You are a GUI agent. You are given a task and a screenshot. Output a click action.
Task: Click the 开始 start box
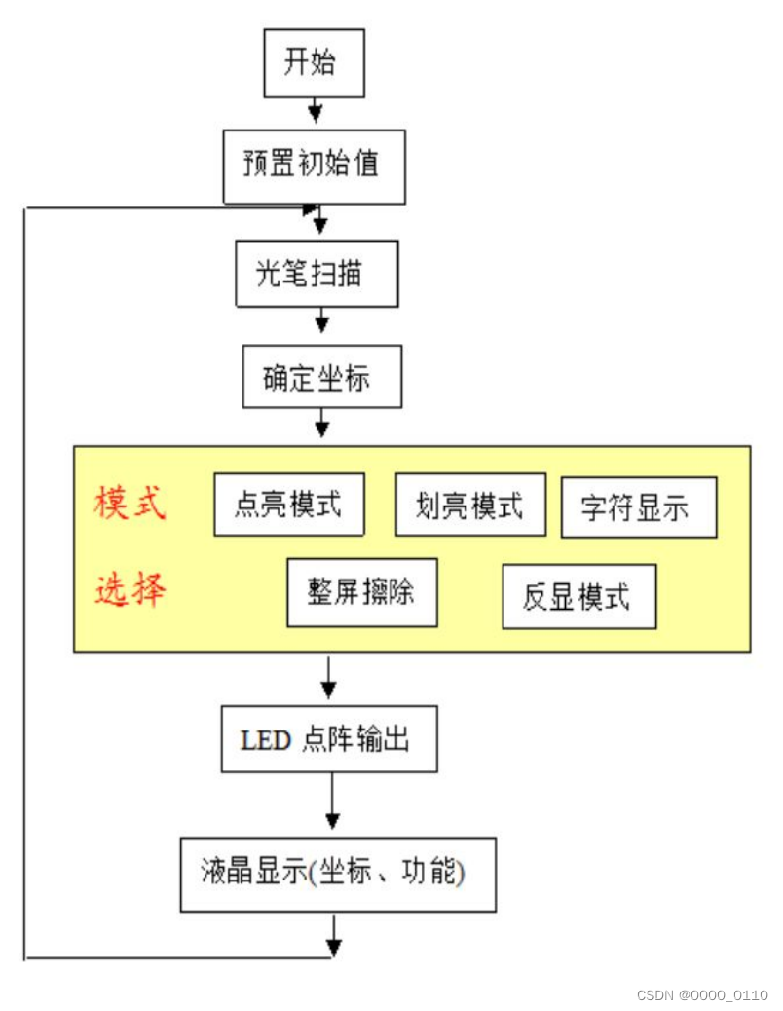click(314, 63)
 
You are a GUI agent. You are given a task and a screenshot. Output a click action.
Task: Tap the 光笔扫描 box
click(317, 274)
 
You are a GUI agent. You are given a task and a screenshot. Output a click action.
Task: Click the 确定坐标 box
click(320, 376)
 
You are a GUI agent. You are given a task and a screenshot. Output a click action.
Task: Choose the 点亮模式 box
click(288, 505)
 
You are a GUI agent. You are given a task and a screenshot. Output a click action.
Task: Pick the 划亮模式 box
click(469, 505)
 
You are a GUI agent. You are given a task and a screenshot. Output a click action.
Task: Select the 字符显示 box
click(638, 507)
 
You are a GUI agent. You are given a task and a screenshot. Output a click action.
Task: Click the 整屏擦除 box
click(361, 592)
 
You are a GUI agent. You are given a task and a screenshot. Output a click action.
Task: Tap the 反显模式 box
click(578, 595)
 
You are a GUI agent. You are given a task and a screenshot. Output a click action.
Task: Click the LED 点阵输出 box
click(329, 740)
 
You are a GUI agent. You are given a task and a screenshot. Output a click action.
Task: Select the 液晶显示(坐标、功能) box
click(338, 874)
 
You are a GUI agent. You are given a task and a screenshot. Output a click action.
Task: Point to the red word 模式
click(130, 504)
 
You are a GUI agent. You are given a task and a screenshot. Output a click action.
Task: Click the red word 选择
click(130, 589)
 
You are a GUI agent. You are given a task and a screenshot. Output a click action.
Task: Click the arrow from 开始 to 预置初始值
click(315, 111)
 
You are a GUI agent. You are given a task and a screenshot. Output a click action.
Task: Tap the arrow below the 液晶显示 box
click(335, 935)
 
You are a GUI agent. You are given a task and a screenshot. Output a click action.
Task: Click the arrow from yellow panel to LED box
click(328, 680)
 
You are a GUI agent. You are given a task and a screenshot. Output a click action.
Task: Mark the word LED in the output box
click(266, 740)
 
